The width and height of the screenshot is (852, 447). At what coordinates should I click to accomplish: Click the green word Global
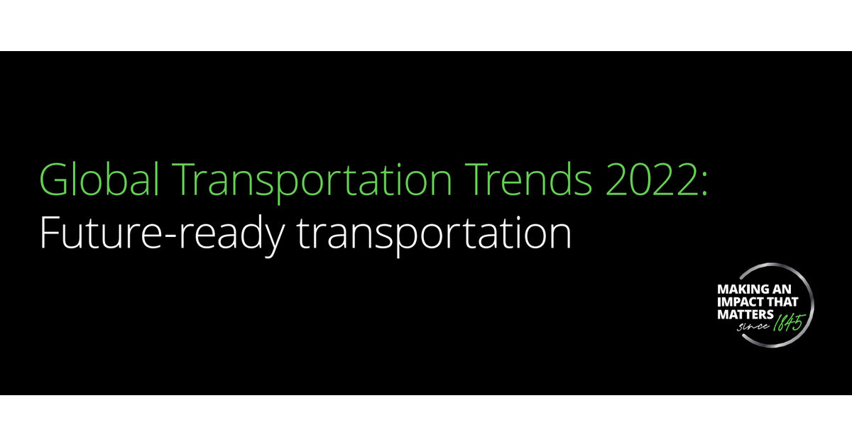(99, 179)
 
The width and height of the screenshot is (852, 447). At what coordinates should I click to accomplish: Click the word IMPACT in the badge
(736, 302)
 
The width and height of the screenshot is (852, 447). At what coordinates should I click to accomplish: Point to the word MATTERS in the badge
(745, 315)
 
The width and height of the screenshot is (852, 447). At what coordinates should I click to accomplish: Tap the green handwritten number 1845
(790, 322)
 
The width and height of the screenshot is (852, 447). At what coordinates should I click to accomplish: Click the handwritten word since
(753, 327)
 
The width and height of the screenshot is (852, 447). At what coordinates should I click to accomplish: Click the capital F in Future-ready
(50, 232)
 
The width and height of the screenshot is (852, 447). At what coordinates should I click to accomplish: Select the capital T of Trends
(476, 180)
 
